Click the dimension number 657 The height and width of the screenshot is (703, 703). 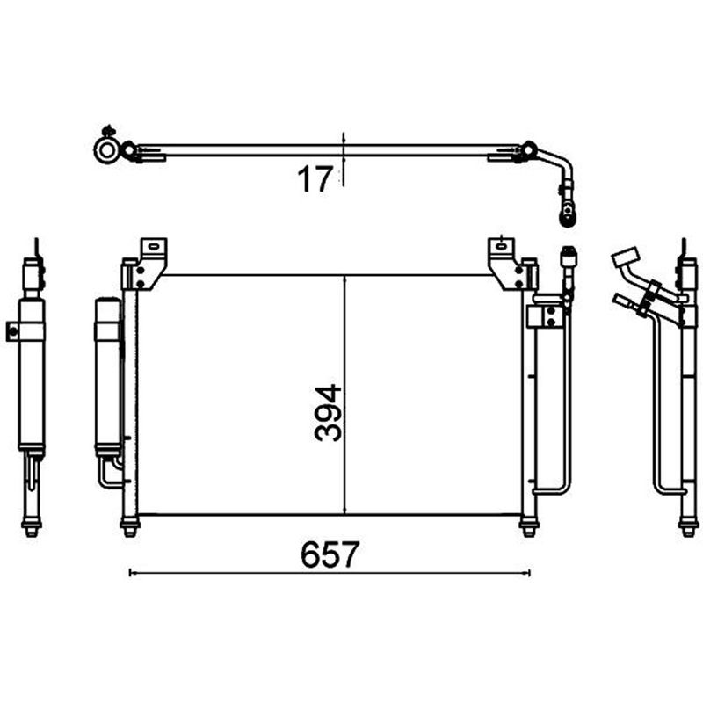330,554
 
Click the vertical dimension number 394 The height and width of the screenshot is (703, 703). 328,412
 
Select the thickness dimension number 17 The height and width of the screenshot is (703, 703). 315,178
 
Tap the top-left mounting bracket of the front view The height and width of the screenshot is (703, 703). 148,264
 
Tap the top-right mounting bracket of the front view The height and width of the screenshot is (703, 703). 507,264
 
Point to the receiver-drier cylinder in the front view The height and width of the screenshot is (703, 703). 107,377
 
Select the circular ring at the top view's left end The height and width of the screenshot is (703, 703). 106,150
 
